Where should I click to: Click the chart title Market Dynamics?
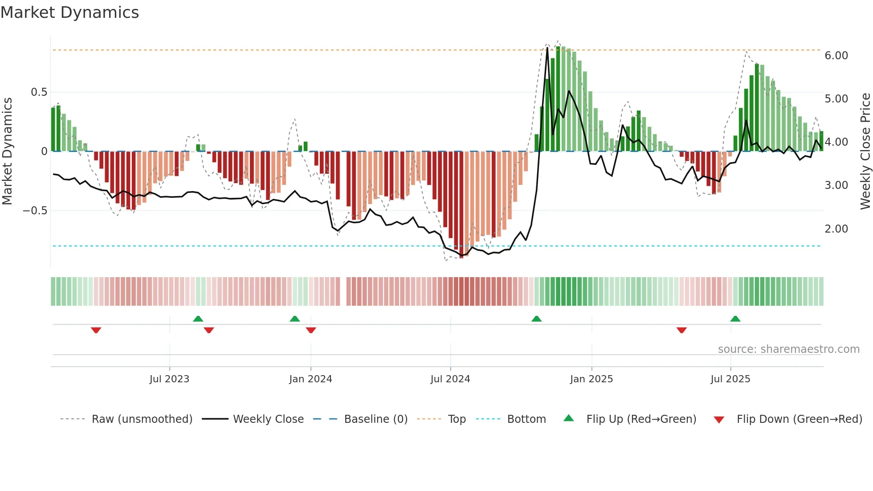pyautogui.click(x=70, y=12)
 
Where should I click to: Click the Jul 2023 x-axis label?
pyautogui.click(x=169, y=379)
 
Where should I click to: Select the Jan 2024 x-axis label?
pyautogui.click(x=310, y=379)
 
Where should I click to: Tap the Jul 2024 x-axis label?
pyautogui.click(x=450, y=379)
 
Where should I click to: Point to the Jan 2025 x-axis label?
pyautogui.click(x=592, y=379)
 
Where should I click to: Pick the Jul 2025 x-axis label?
pyautogui.click(x=730, y=379)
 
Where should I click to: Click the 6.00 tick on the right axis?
pyautogui.click(x=836, y=56)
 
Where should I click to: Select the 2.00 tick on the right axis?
pyautogui.click(x=836, y=229)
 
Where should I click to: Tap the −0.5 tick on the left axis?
pyautogui.click(x=35, y=210)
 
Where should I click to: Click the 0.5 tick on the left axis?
pyautogui.click(x=39, y=92)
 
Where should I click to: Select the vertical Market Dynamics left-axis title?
pyautogui.click(x=7, y=151)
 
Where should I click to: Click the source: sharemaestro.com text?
pyautogui.click(x=788, y=349)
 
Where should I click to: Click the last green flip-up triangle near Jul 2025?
pyautogui.click(x=735, y=319)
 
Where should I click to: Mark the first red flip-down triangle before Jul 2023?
pyautogui.click(x=96, y=330)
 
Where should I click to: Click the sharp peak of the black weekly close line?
pyautogui.click(x=547, y=48)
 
